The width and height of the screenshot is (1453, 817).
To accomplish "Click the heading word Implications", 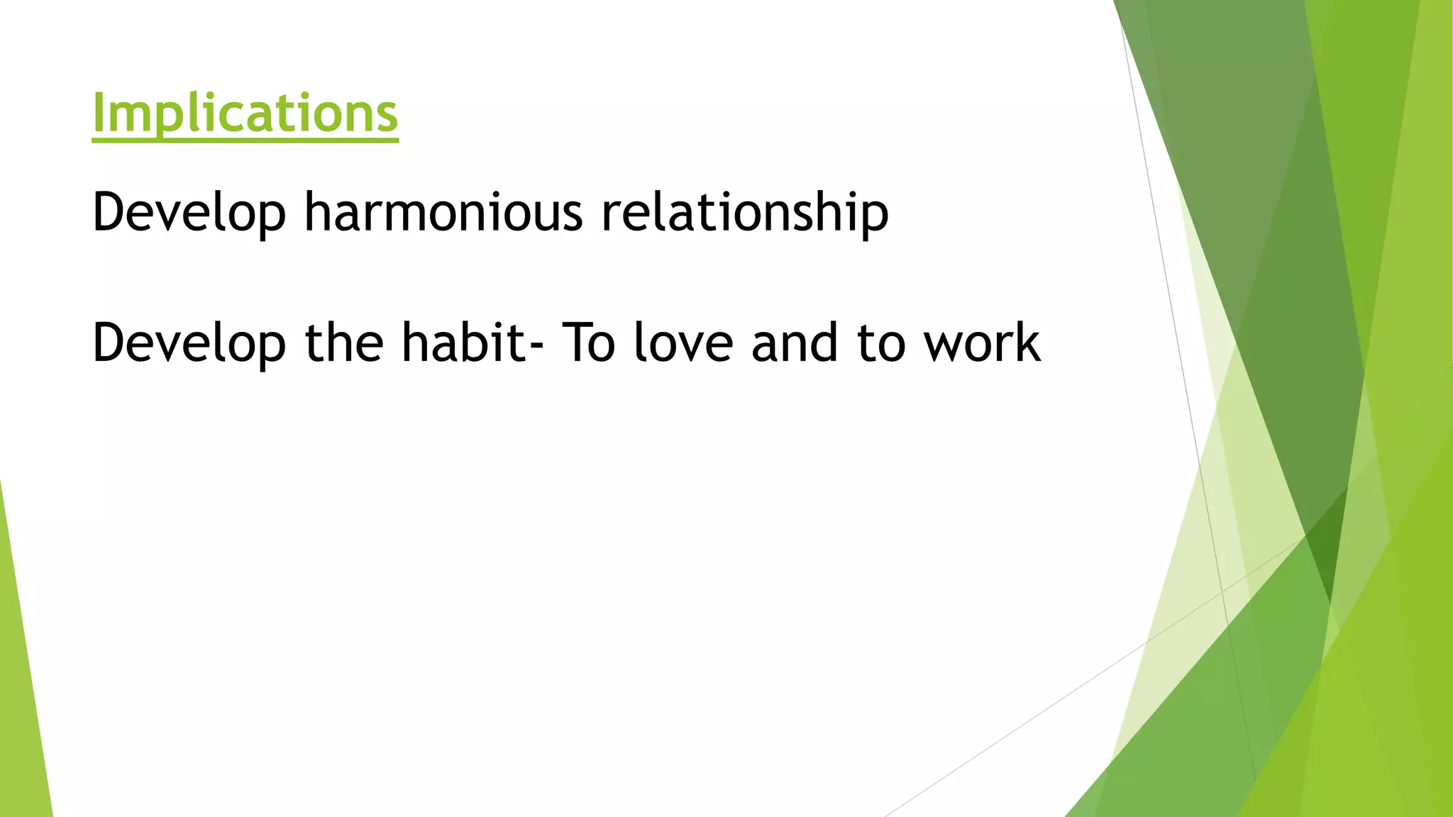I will point(245,113).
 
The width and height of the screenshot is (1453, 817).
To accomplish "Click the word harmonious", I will point(443,211).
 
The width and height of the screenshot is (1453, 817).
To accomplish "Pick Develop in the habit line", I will point(189,343).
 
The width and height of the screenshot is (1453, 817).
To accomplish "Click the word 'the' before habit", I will point(343,342).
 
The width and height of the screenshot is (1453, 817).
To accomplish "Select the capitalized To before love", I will point(588,342).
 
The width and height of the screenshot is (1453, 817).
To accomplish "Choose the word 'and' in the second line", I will point(795,342).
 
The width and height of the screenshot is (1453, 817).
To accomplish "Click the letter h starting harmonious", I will point(316,211).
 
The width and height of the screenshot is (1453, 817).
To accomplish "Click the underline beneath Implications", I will point(245,140).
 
